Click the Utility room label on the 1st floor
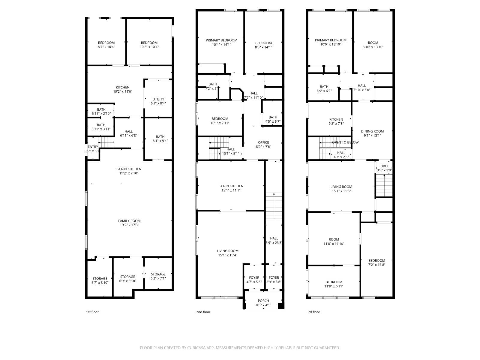(158, 99)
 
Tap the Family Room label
(129, 221)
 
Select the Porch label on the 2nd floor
(263, 301)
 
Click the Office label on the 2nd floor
(263, 142)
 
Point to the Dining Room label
(372, 131)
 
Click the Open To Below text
(345, 142)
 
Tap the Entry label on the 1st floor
(93, 147)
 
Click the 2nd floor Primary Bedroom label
(221, 40)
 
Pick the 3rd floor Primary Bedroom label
(331, 40)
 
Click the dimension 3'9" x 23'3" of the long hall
(274, 243)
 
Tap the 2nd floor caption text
(203, 312)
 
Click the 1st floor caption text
(92, 312)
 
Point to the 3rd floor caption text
(313, 312)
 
